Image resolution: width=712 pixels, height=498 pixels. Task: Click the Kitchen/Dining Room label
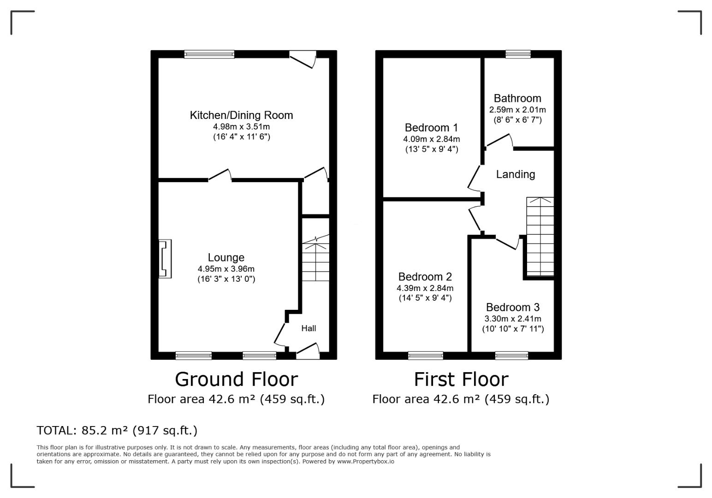click(x=241, y=115)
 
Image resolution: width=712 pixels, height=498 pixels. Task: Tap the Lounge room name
click(x=226, y=257)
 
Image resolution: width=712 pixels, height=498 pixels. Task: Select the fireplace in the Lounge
click(x=165, y=259)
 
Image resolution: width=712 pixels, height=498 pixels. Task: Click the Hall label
click(x=309, y=328)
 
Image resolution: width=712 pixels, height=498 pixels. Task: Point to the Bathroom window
click(x=518, y=54)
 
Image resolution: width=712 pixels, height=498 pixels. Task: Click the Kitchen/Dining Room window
click(x=209, y=54)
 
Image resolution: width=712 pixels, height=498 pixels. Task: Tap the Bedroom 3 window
click(x=511, y=356)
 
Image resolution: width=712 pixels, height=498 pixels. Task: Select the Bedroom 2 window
click(x=425, y=356)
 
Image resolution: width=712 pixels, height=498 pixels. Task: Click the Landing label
click(x=516, y=174)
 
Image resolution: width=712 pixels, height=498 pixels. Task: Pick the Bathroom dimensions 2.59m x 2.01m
click(x=517, y=110)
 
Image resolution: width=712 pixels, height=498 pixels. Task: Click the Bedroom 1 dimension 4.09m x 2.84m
click(x=431, y=139)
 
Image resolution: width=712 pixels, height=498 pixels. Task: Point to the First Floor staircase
click(x=540, y=237)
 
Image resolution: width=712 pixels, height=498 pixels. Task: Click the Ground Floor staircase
click(x=315, y=258)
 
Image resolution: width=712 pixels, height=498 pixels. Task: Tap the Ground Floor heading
click(x=236, y=379)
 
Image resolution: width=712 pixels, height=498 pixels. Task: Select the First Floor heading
click(x=461, y=379)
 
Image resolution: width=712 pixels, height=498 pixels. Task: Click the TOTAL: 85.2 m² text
click(x=83, y=431)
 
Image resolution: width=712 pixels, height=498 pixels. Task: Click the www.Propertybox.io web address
click(x=366, y=462)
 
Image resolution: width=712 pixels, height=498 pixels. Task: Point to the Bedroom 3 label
click(x=513, y=307)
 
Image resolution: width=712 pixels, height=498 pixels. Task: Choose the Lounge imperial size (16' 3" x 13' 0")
click(x=226, y=279)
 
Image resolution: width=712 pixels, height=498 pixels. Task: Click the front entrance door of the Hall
click(x=308, y=351)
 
